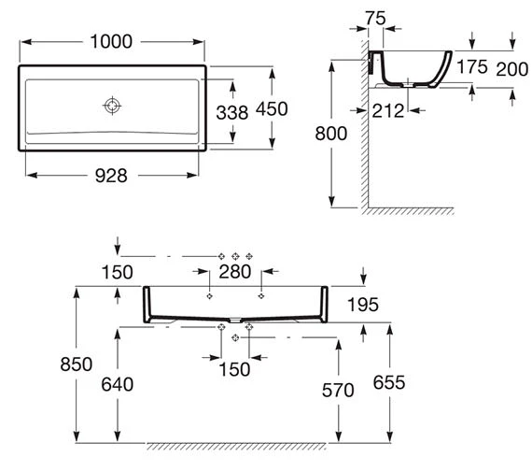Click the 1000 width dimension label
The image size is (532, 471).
click(x=111, y=41)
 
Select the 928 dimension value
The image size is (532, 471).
click(x=111, y=176)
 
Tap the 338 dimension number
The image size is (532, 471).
click(x=232, y=113)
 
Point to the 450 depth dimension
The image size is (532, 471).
click(x=272, y=109)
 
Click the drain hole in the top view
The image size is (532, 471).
click(x=112, y=106)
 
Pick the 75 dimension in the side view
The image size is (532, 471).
click(x=375, y=19)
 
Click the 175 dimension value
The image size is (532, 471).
click(x=472, y=66)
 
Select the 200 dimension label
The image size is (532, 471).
click(x=512, y=69)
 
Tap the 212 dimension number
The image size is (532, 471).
click(x=388, y=111)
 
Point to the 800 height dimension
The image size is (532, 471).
click(x=330, y=134)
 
